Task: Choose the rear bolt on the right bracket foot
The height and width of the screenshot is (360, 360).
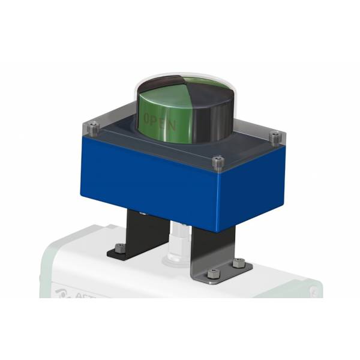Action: coord(238,262)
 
